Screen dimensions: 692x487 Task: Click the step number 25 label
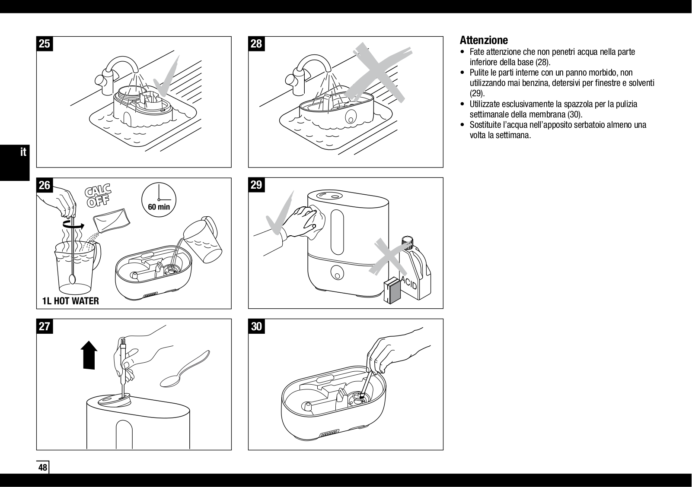[x=45, y=44]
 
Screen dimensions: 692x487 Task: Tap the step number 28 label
[x=256, y=44]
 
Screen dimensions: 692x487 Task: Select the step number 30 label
[x=256, y=326]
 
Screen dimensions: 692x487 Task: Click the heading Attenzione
[x=484, y=40]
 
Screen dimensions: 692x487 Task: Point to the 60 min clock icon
[x=159, y=200]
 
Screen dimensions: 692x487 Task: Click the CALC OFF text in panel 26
[x=98, y=196]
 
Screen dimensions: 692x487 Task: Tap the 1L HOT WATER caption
[x=70, y=301]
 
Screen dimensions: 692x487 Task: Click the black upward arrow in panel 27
[x=89, y=355]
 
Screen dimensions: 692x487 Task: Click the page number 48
[x=43, y=467]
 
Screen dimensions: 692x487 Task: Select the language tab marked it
[x=23, y=152]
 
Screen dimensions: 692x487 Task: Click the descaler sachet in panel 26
[x=112, y=220]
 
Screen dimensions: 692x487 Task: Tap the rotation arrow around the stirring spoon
[x=73, y=226]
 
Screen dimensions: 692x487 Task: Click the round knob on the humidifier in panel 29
[x=337, y=272]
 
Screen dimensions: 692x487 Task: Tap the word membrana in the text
[x=548, y=114]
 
